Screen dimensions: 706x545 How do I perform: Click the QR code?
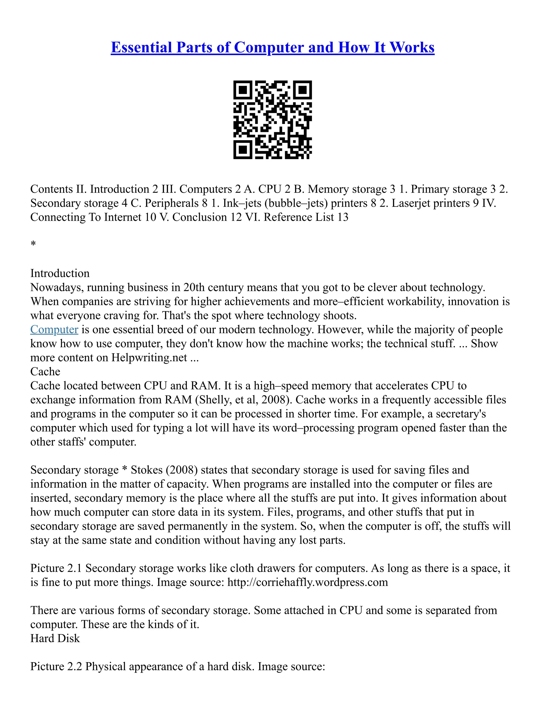(272, 120)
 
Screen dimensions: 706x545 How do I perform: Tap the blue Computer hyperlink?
(54, 329)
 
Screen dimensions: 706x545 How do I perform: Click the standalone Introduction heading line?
(60, 274)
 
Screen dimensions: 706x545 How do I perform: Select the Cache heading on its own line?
(45, 371)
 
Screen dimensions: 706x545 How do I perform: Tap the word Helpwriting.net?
(149, 358)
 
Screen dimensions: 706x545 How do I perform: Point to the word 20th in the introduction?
(194, 287)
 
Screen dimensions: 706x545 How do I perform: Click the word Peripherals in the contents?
(171, 203)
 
